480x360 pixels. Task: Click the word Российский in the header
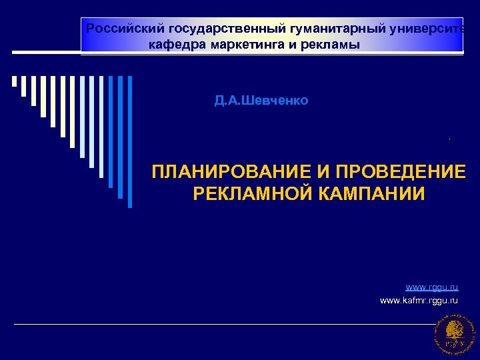[126, 29]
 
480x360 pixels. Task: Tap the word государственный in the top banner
[227, 29]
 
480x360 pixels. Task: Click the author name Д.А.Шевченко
[261, 101]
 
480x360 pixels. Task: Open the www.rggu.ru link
[432, 287]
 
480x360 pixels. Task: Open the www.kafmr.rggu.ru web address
[419, 301]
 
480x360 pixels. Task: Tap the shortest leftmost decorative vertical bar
[14, 81]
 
